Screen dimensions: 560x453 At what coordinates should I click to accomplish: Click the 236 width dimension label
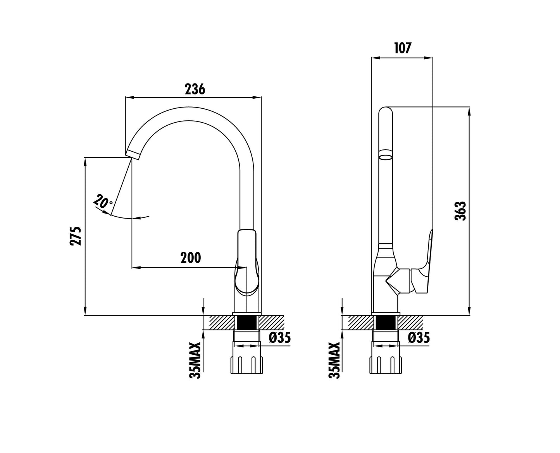tap(195, 89)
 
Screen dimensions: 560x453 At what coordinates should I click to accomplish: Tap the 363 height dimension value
tap(460, 211)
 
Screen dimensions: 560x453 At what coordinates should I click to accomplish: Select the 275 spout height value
tap(76, 236)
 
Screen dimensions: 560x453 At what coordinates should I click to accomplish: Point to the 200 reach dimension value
tap(191, 258)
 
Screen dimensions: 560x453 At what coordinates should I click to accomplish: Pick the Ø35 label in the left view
tap(280, 338)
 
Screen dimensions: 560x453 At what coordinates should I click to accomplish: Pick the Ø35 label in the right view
tap(419, 338)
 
